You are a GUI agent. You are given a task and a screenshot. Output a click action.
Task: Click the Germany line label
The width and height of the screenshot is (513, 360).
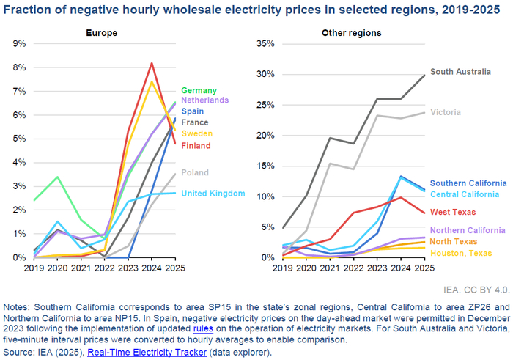pyautogui.click(x=199, y=90)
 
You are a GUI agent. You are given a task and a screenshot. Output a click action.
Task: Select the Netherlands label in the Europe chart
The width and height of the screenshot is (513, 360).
pyautogui.click(x=204, y=100)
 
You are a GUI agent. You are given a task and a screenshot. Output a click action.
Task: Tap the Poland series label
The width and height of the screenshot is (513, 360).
pyautogui.click(x=195, y=172)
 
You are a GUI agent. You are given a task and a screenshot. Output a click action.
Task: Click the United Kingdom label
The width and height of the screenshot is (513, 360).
pyautogui.click(x=213, y=194)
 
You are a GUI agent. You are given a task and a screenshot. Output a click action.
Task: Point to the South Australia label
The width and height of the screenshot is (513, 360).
pyautogui.click(x=460, y=72)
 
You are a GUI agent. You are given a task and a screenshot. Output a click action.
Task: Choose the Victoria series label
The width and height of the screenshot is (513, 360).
pyautogui.click(x=446, y=112)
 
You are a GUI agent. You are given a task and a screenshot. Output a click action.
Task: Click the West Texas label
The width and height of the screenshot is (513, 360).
pyautogui.click(x=453, y=212)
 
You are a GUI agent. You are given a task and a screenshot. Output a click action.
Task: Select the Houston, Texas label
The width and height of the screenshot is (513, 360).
pyautogui.click(x=461, y=253)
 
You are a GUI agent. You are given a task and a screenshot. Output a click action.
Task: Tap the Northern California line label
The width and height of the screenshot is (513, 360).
pyautogui.click(x=468, y=230)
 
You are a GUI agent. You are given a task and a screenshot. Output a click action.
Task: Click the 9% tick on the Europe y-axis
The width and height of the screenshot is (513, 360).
pyautogui.click(x=19, y=43)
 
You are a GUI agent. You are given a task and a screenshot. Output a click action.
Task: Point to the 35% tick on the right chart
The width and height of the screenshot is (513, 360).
pyautogui.click(x=265, y=43)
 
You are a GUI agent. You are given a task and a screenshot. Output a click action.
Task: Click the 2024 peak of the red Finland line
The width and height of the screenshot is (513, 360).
pyautogui.click(x=152, y=63)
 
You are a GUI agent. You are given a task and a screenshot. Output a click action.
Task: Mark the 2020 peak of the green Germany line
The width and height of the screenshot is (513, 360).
pyautogui.click(x=58, y=177)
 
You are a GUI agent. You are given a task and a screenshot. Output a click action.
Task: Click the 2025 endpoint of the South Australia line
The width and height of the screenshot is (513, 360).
pyautogui.click(x=424, y=75)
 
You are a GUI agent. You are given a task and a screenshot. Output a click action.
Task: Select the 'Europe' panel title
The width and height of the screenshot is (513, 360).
pyautogui.click(x=101, y=33)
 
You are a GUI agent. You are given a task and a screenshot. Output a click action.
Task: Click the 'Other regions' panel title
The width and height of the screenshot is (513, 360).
pyautogui.click(x=351, y=33)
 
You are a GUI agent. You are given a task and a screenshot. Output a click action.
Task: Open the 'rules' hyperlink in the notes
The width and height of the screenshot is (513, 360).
pyautogui.click(x=203, y=328)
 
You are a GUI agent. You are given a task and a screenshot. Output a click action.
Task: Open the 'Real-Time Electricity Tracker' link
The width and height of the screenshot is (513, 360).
pyautogui.click(x=147, y=352)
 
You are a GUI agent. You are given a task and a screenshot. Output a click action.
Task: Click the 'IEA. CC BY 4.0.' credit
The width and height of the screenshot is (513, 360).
pyautogui.click(x=476, y=290)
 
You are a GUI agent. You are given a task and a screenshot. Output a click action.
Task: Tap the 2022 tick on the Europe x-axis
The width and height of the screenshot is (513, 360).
pyautogui.click(x=104, y=268)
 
